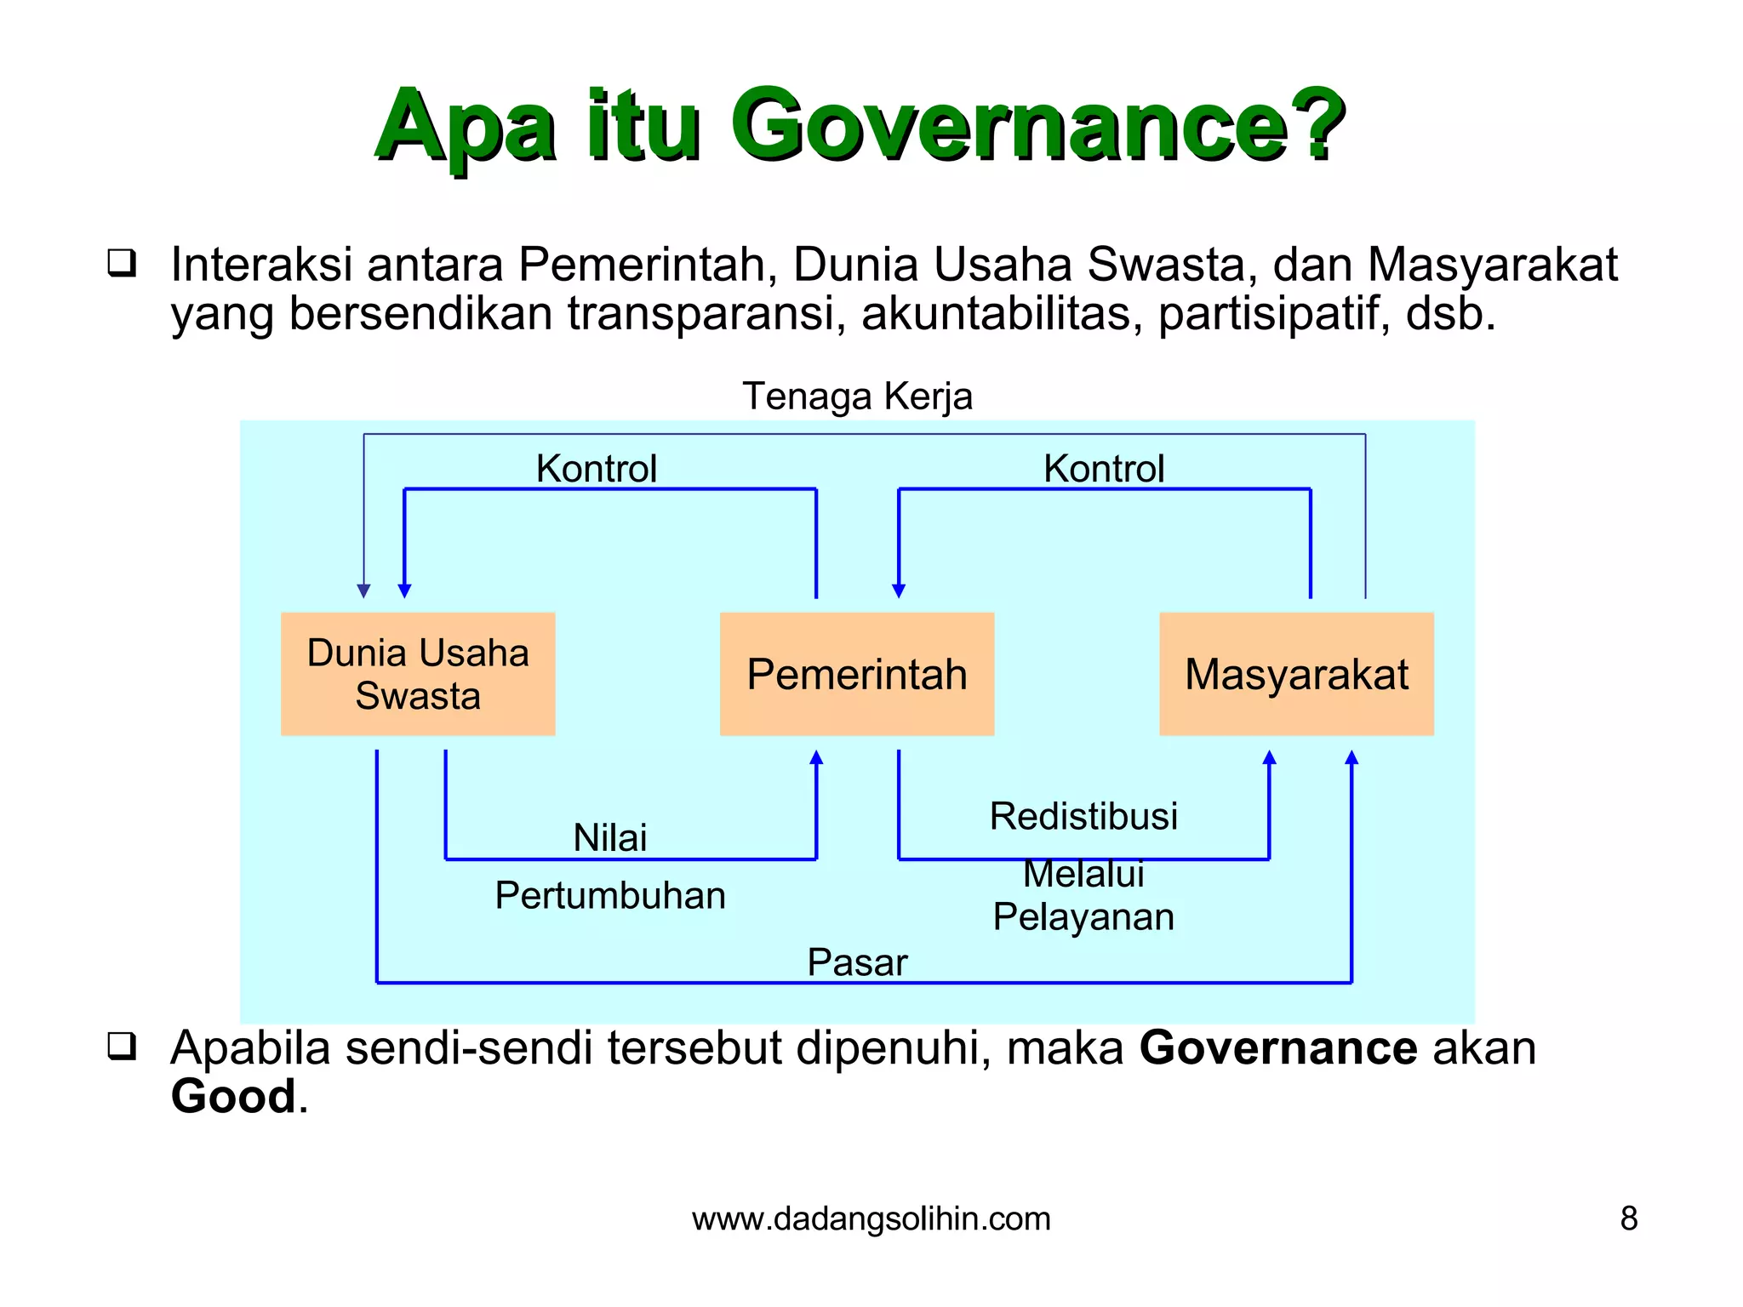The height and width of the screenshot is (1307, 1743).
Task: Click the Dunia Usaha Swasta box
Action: (x=418, y=674)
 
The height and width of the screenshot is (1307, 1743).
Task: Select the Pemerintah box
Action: (x=857, y=674)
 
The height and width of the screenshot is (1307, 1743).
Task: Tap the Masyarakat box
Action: (x=1296, y=674)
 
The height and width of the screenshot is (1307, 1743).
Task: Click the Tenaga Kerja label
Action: (x=857, y=397)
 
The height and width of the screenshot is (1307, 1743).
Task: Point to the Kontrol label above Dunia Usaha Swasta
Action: (x=596, y=469)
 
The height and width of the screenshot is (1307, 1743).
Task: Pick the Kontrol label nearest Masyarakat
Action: (x=1104, y=469)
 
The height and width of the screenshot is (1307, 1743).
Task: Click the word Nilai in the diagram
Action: (x=609, y=838)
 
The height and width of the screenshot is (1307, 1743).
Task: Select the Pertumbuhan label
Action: (x=609, y=896)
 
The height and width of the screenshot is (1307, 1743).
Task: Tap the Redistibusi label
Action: (x=1083, y=817)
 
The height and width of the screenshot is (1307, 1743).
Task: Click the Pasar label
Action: (x=857, y=963)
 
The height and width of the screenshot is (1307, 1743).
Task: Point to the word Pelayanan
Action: (x=1083, y=917)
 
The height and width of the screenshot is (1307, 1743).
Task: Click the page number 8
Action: (x=1628, y=1219)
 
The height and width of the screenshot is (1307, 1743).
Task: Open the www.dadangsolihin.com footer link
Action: (x=871, y=1219)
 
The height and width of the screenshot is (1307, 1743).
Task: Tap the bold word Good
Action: (x=232, y=1096)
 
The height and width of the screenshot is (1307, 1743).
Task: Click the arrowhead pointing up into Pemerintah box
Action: (x=816, y=757)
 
